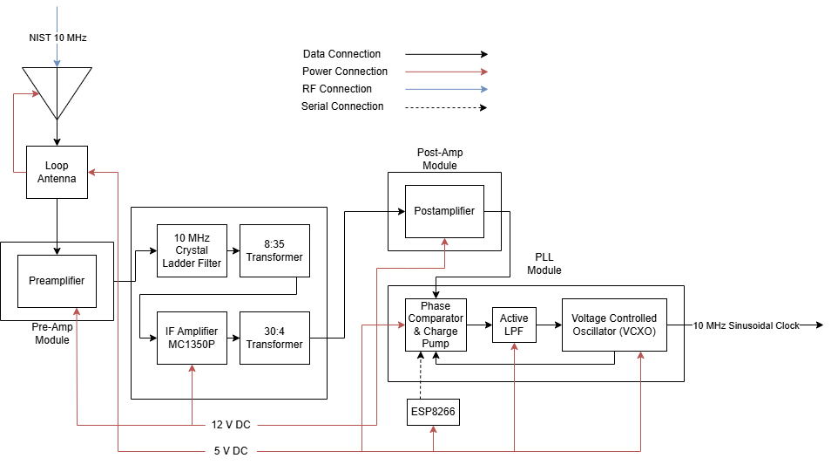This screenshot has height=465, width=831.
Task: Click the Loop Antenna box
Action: click(x=57, y=172)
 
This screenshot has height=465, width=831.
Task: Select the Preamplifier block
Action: click(x=57, y=281)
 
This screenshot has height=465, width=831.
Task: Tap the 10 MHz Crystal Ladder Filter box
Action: click(x=192, y=251)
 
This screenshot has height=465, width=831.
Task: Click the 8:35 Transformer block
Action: click(x=274, y=251)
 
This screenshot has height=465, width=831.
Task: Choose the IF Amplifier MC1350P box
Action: click(x=192, y=338)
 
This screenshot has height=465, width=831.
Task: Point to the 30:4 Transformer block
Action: click(x=274, y=338)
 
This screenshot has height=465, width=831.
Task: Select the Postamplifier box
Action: click(x=444, y=210)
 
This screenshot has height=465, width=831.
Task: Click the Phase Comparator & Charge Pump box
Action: click(x=436, y=325)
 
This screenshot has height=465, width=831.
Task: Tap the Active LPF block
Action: click(x=514, y=325)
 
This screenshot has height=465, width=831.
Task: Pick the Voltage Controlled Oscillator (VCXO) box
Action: click(x=614, y=325)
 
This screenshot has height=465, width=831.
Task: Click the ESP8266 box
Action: click(x=434, y=413)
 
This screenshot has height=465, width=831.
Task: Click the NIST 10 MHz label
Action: click(x=57, y=38)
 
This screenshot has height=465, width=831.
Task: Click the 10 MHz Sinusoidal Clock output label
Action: click(x=746, y=325)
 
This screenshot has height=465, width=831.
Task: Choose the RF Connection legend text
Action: click(x=337, y=89)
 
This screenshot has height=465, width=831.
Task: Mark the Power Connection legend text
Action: click(x=345, y=72)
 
